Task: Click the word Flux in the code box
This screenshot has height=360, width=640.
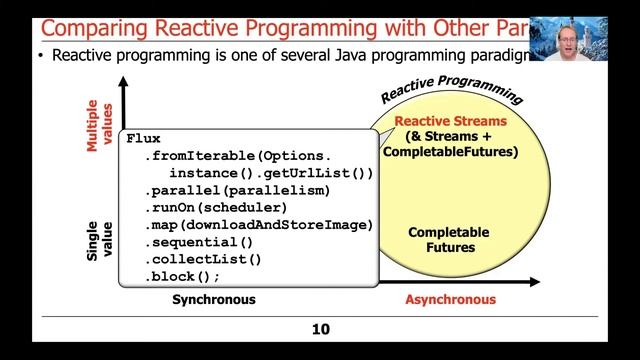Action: click(144, 139)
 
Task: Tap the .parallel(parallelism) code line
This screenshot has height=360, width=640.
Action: click(236, 190)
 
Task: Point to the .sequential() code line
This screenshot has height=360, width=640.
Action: click(199, 242)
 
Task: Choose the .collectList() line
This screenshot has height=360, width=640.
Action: click(203, 259)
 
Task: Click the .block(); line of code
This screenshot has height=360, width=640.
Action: click(182, 276)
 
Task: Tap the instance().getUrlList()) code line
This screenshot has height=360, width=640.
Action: click(270, 173)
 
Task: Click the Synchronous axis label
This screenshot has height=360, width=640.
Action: click(213, 300)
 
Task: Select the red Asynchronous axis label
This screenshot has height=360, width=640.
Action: click(450, 300)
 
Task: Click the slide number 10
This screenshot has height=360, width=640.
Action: click(319, 329)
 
